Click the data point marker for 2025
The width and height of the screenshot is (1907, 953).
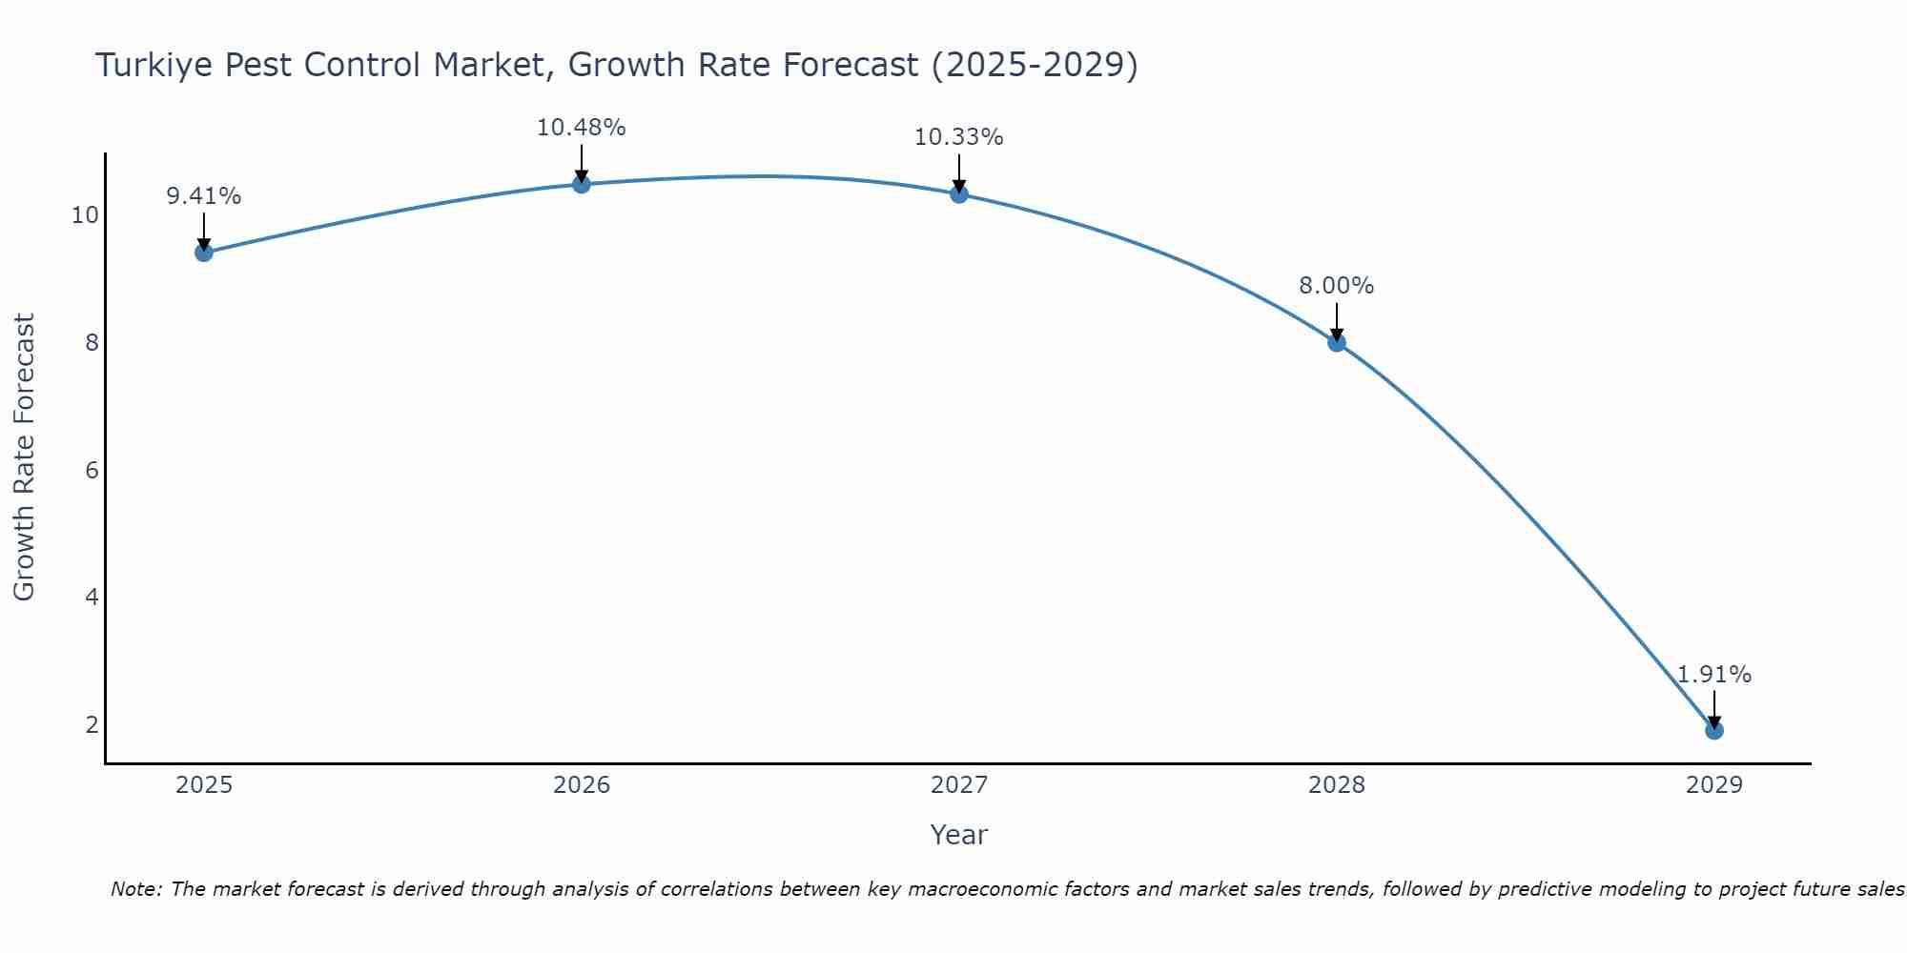click(203, 253)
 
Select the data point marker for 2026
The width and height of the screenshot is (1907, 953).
click(582, 184)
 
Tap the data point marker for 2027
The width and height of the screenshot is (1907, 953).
click(959, 194)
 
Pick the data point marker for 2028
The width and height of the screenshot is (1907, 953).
click(1337, 342)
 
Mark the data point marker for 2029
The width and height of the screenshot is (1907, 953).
click(1713, 731)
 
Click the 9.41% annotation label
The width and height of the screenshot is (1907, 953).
click(203, 196)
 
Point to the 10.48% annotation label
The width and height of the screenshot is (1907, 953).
click(582, 128)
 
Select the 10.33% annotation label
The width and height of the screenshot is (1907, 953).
click(959, 137)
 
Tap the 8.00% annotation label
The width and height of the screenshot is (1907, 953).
click(1337, 286)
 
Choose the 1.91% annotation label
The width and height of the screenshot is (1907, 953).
click(1713, 675)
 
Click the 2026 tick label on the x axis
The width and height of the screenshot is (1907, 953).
click(582, 785)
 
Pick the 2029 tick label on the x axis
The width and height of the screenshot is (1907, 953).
click(1713, 785)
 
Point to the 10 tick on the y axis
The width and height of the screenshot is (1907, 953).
click(85, 215)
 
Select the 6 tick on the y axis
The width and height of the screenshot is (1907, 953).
click(92, 470)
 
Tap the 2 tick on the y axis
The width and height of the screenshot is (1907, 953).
click(92, 725)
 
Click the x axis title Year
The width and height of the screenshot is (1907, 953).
click(958, 835)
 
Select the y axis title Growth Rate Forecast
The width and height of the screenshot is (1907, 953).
click(24, 457)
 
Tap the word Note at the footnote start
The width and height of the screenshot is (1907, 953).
click(136, 889)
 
